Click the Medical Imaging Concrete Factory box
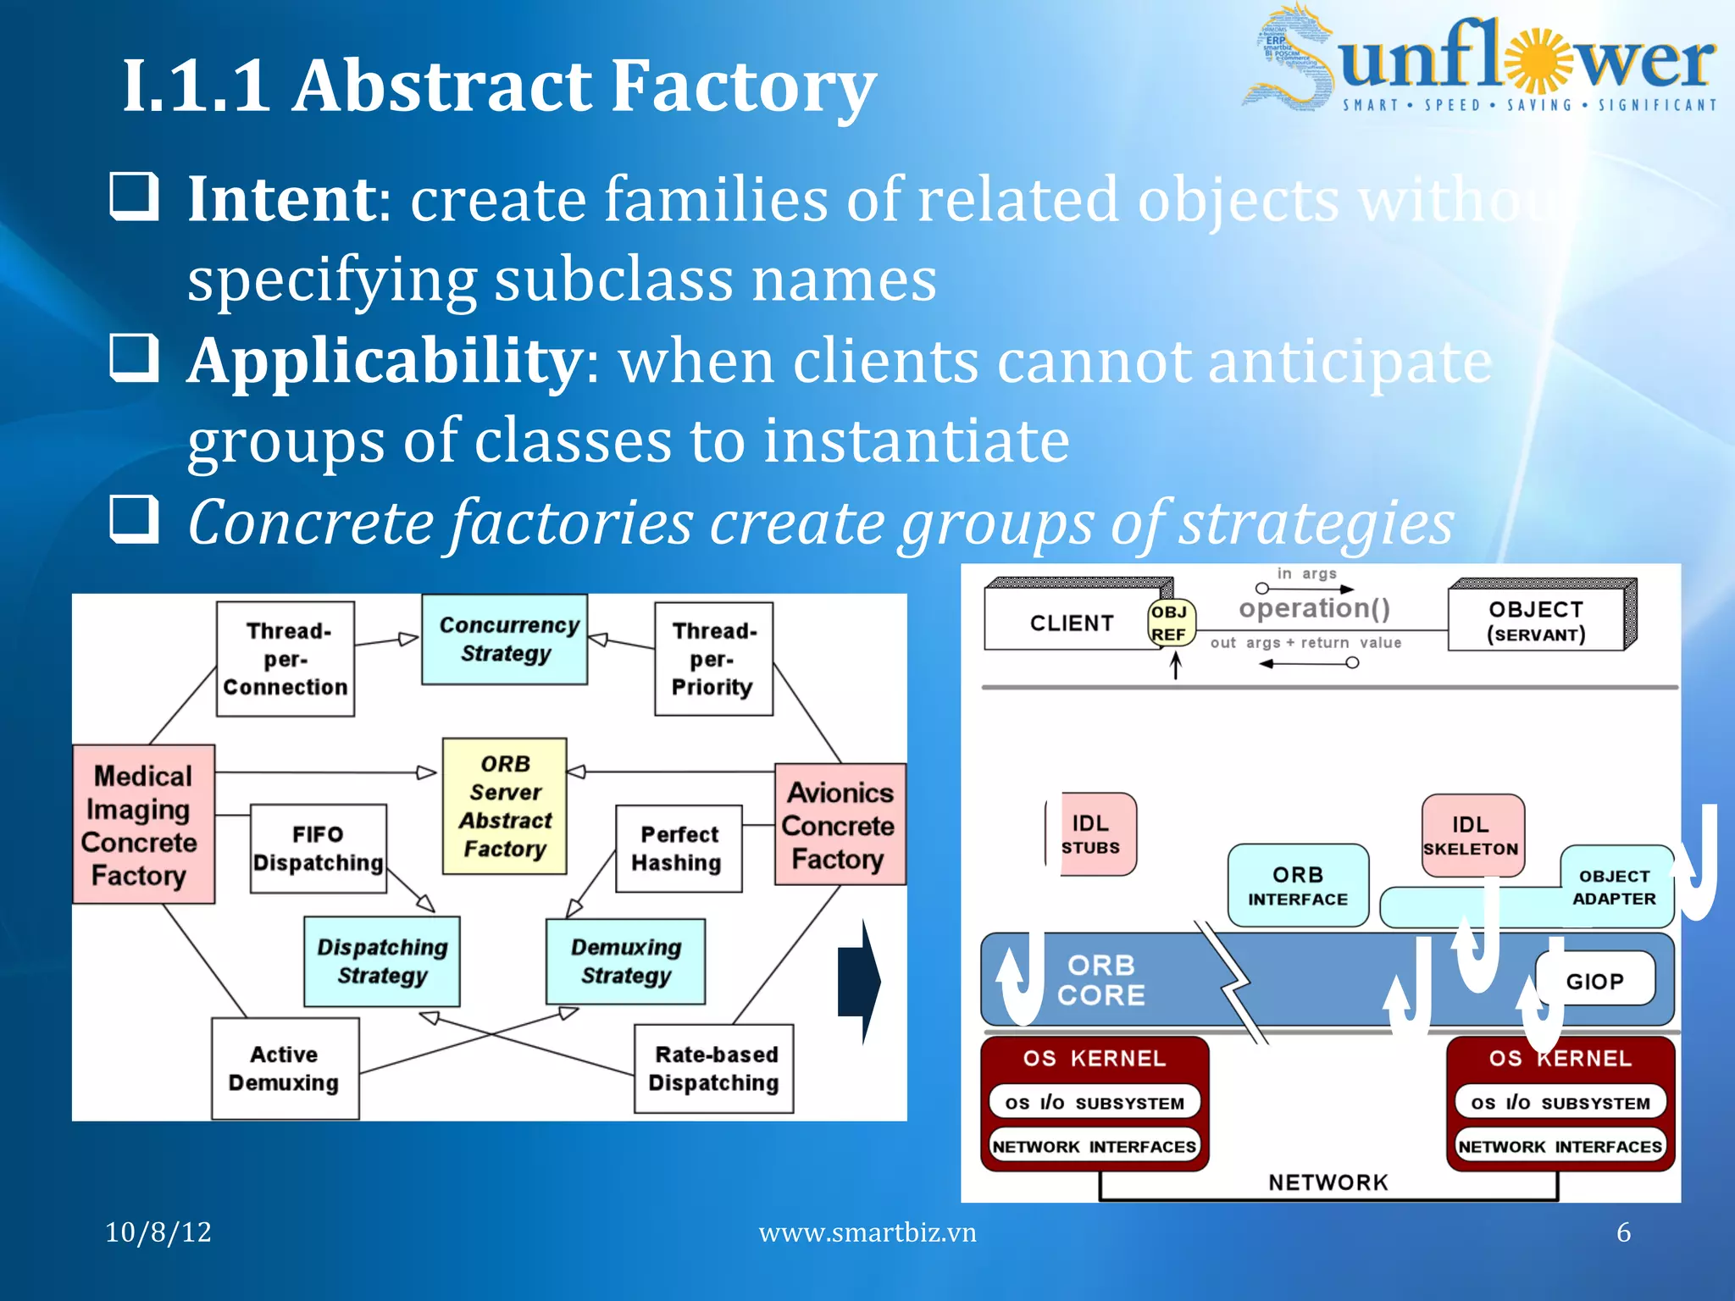tap(143, 824)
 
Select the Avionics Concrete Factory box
tap(840, 825)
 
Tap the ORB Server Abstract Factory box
tap(505, 806)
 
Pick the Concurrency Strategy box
tap(505, 639)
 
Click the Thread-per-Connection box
tap(285, 659)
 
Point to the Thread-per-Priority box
tap(713, 659)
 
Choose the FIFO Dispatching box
tap(319, 849)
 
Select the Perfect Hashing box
tap(679, 849)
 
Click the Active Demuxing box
tap(285, 1068)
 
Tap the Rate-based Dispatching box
tap(714, 1068)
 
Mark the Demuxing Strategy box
tap(626, 961)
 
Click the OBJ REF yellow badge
tap(1170, 623)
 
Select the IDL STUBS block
tap(1093, 834)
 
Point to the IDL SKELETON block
tap(1472, 836)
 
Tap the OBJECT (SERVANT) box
tap(1537, 622)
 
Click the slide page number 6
tap(1623, 1232)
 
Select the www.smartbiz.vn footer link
tap(867, 1232)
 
